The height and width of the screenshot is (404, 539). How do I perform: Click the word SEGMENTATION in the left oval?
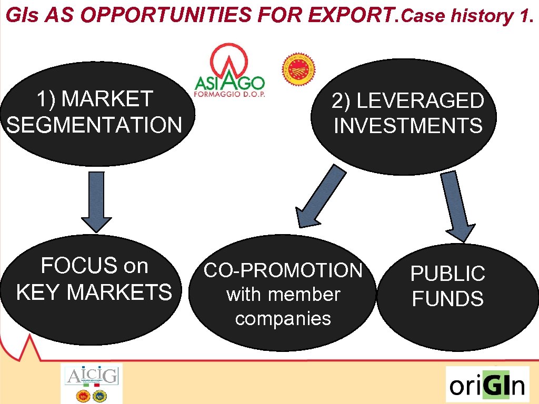point(95,125)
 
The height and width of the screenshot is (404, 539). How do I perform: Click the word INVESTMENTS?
point(408,126)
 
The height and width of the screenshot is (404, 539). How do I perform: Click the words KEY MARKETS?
point(94,291)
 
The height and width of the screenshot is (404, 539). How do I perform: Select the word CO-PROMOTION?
point(283,270)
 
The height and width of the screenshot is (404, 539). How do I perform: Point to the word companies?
point(283,319)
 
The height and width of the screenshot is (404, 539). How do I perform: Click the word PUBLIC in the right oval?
point(447,274)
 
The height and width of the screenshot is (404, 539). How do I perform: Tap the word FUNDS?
point(447,299)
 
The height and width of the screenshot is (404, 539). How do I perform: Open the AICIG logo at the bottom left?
point(92,383)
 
